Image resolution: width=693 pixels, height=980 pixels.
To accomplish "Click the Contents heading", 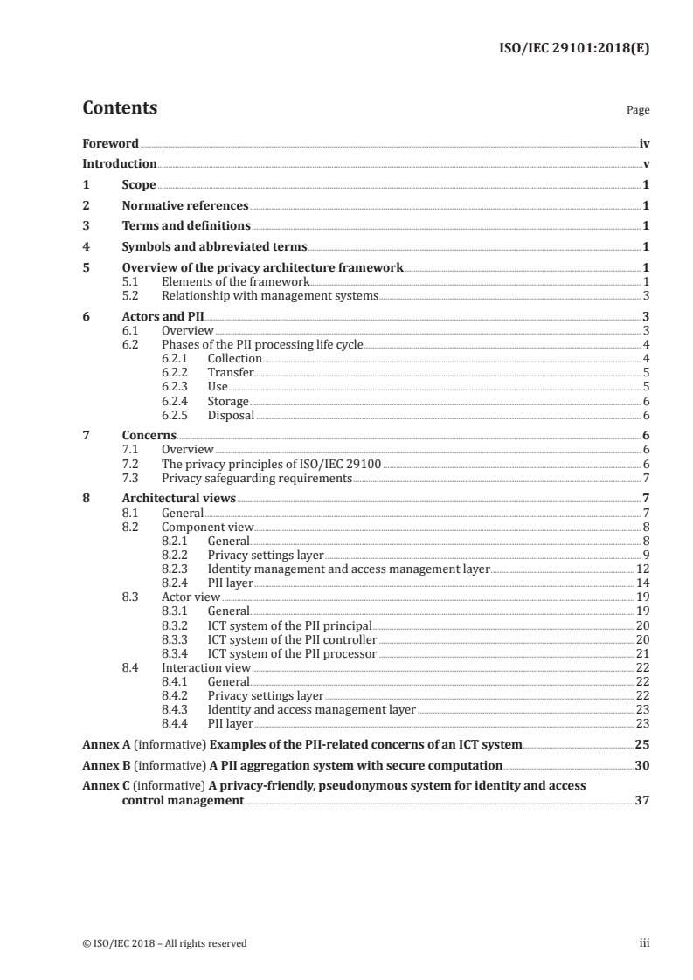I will [x=120, y=109].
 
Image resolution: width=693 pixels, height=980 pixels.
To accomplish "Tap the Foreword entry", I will [x=110, y=143].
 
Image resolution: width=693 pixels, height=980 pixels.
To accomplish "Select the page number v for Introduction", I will [x=645, y=163].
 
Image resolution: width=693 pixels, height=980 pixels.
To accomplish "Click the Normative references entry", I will [x=185, y=205].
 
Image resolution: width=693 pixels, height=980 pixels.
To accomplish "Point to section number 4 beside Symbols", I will [x=86, y=246].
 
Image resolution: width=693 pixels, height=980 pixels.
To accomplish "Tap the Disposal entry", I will [x=231, y=416].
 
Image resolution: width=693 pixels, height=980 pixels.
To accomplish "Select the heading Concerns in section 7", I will [x=149, y=435].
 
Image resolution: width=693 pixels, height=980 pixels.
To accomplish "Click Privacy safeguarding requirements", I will [x=257, y=478].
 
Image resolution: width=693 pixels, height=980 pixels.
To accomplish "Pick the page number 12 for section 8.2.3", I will [x=642, y=569].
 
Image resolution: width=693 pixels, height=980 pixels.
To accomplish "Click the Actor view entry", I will [x=191, y=597].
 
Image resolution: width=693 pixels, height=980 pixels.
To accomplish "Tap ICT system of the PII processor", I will [x=292, y=653].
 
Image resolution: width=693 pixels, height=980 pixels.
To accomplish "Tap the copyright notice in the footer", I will [x=164, y=943].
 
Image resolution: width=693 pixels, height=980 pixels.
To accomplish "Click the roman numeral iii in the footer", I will [x=644, y=943].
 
